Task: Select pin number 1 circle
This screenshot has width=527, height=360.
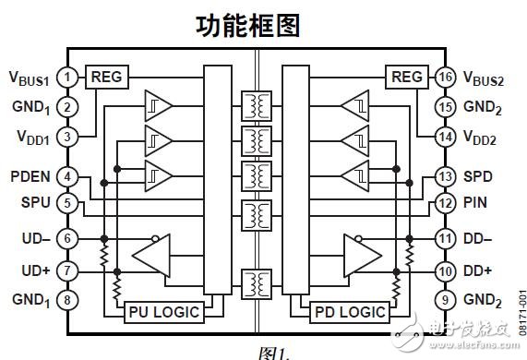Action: pyautogui.click(x=66, y=77)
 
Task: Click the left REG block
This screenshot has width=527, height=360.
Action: pyautogui.click(x=104, y=77)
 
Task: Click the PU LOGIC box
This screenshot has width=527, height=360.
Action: pyautogui.click(x=162, y=311)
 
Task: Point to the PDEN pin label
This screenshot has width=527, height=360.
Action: pyautogui.click(x=30, y=176)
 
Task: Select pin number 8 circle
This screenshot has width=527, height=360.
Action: pyautogui.click(x=66, y=298)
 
